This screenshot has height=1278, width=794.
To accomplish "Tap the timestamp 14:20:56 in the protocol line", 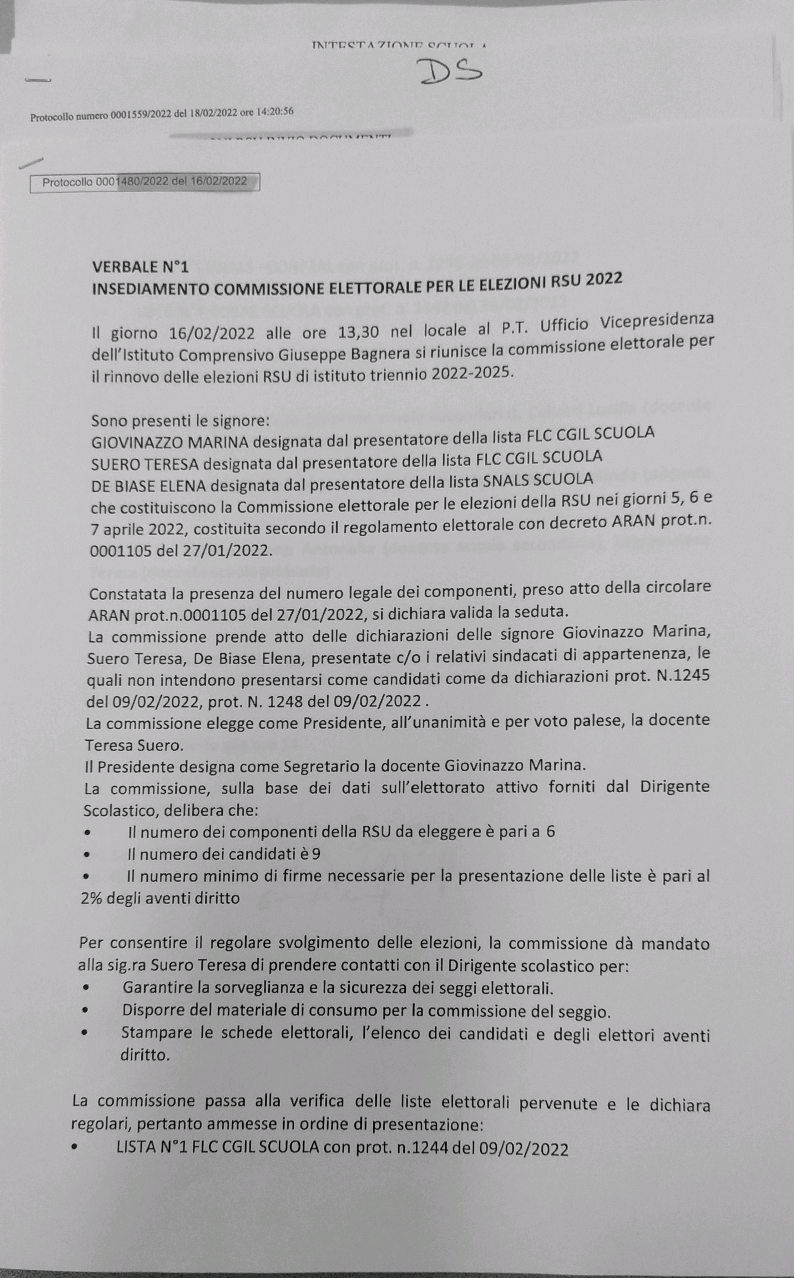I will click(x=275, y=112).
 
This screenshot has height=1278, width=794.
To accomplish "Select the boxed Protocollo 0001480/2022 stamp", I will click(x=145, y=182).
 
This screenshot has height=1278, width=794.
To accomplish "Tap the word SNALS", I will click(x=506, y=480).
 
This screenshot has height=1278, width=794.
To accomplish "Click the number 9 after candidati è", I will click(x=315, y=854).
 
